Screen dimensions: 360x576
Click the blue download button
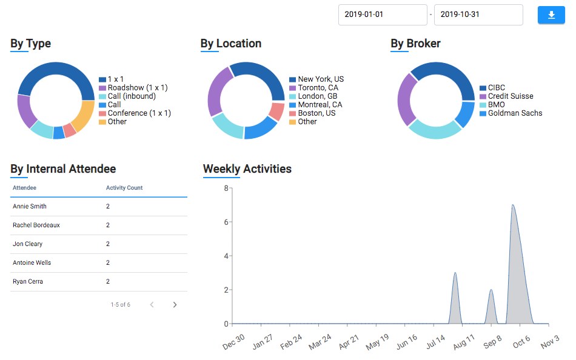point(551,15)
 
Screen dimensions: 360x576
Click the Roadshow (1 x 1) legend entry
point(137,88)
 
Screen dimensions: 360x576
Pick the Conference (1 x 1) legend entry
point(139,113)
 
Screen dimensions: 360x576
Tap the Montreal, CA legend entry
point(320,105)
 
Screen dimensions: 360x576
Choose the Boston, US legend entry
point(316,113)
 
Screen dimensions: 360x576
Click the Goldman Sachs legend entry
point(515,113)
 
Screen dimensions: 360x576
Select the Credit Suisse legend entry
point(511,96)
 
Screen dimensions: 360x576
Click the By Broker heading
point(415,44)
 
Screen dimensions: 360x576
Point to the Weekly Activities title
point(247,169)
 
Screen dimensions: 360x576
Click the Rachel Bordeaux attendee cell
point(36,225)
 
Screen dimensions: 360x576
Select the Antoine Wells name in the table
point(32,263)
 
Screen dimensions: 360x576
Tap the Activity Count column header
point(124,188)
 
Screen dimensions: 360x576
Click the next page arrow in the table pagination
point(175,305)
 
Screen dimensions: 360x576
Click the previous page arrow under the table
point(152,305)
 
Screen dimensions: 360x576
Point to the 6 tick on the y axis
point(226,222)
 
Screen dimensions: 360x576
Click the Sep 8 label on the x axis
point(492,342)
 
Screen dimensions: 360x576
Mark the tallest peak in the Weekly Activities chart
point(513,205)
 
